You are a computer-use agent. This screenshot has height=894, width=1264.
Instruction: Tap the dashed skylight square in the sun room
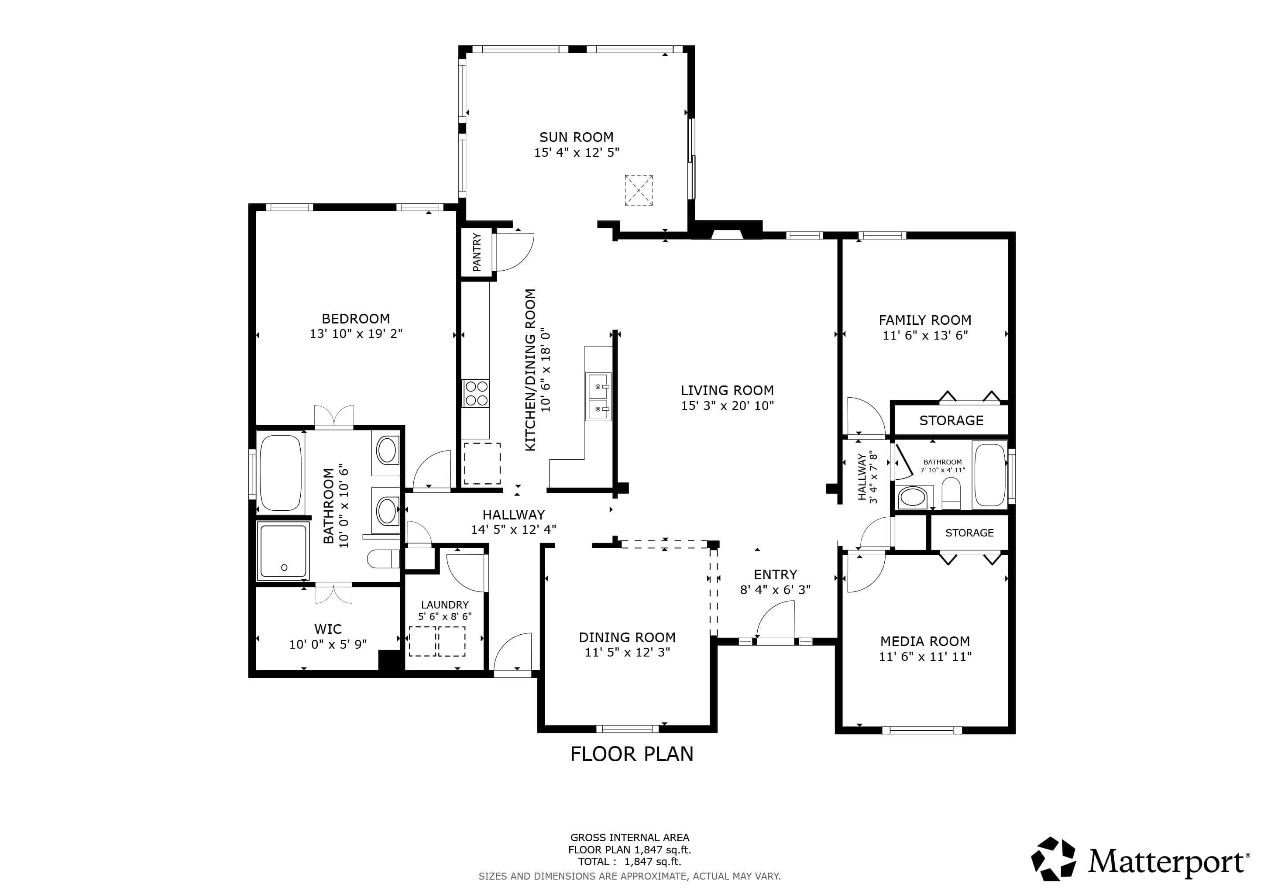[639, 190]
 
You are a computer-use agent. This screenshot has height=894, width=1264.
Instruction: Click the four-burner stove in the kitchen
[476, 393]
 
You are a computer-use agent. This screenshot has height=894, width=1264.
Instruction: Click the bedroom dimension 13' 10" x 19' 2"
[356, 334]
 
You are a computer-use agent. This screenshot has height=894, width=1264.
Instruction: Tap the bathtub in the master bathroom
[280, 472]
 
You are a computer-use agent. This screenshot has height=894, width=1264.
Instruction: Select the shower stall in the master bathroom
[283, 552]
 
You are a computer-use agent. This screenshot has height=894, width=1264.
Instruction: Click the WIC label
[328, 629]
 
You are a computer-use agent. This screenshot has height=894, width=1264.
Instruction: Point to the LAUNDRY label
[445, 605]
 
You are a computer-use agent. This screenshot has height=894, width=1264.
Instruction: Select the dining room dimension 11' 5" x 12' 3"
[627, 652]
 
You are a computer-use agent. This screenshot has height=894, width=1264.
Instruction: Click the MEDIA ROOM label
[925, 641]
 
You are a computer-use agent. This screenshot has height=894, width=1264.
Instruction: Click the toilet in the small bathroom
[951, 493]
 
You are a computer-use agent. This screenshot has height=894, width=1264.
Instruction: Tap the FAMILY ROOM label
[925, 320]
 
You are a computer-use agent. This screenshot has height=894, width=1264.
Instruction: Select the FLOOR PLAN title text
[632, 753]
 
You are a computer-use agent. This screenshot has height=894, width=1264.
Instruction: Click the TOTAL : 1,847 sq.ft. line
[629, 862]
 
